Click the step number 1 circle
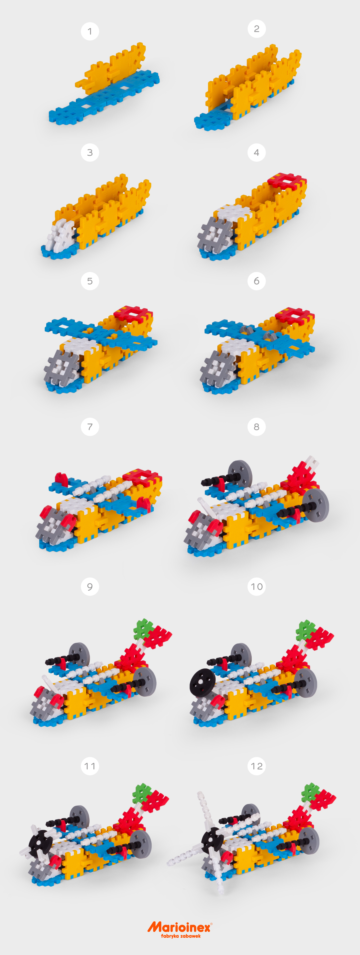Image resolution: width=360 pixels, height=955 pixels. point(90,31)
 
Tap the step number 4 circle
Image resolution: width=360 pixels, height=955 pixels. point(256,152)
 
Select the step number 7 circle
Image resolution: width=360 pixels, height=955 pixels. point(90,427)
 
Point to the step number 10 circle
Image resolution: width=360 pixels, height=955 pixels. point(256,586)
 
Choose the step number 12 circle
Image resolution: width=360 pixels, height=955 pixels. point(256,766)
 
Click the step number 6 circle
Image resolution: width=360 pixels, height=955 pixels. point(256,281)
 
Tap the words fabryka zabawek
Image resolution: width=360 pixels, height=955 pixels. point(181,936)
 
